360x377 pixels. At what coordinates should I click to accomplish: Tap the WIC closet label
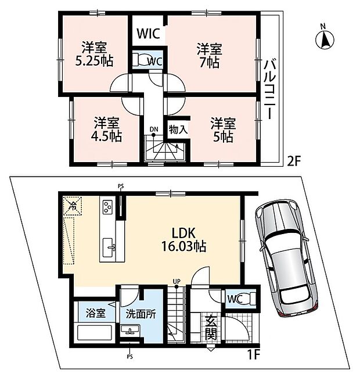click(149, 33)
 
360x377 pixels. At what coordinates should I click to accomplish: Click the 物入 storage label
click(178, 129)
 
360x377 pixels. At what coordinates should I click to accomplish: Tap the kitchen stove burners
click(109, 207)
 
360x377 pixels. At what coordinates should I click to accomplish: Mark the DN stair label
click(153, 129)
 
